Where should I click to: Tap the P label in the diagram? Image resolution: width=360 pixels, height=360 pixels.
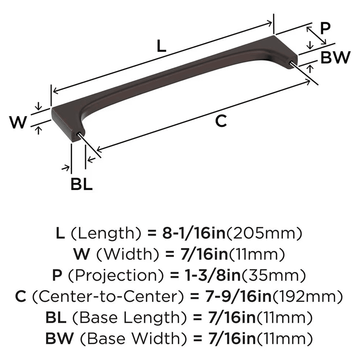pyautogui.click(x=325, y=28)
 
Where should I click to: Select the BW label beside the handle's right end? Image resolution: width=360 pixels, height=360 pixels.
pyautogui.click(x=335, y=57)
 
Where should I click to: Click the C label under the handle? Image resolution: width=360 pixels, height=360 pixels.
pyautogui.click(x=221, y=121)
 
